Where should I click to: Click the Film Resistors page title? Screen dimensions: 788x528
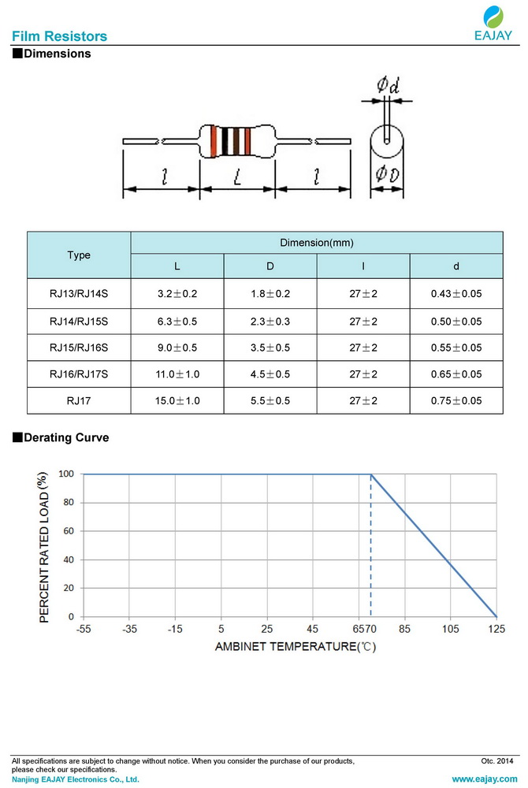(x=60, y=36)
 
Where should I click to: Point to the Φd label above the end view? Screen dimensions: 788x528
(x=387, y=85)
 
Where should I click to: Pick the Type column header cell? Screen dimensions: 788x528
(x=79, y=255)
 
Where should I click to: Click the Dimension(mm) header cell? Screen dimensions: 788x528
(x=316, y=243)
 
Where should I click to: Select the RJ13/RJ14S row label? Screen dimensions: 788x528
(x=79, y=294)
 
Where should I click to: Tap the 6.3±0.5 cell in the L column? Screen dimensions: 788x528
(x=177, y=322)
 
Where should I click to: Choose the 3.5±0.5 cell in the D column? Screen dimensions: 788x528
(x=270, y=348)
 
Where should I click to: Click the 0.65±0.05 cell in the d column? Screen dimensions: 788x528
(x=456, y=374)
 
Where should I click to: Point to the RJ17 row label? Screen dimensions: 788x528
(x=79, y=401)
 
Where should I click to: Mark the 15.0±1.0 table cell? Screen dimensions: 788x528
(x=177, y=401)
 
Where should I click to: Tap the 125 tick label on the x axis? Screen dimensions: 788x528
(x=496, y=629)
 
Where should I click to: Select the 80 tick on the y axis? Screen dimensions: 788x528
(x=69, y=503)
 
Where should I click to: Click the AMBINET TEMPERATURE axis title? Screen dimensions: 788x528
(x=296, y=647)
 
